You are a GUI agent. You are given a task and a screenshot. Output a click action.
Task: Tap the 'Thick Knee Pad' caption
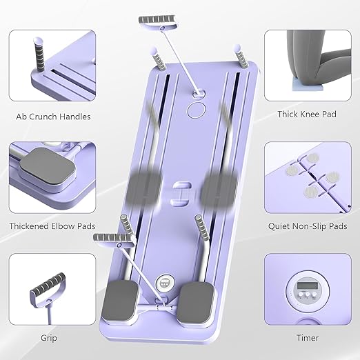click(307, 114)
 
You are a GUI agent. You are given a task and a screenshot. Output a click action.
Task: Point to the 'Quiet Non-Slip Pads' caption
click(307, 226)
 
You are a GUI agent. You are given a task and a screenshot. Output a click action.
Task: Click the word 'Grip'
click(49, 338)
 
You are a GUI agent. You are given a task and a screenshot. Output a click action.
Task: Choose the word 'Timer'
click(308, 338)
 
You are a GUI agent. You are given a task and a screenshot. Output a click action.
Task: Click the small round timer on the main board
click(164, 283)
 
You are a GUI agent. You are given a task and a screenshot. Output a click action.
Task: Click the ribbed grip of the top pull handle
click(157, 20)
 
